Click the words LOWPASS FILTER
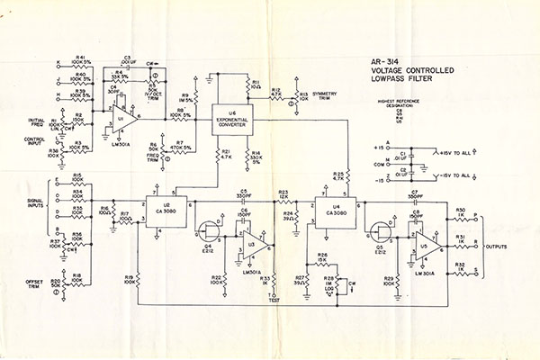pyautogui.click(x=400, y=79)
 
